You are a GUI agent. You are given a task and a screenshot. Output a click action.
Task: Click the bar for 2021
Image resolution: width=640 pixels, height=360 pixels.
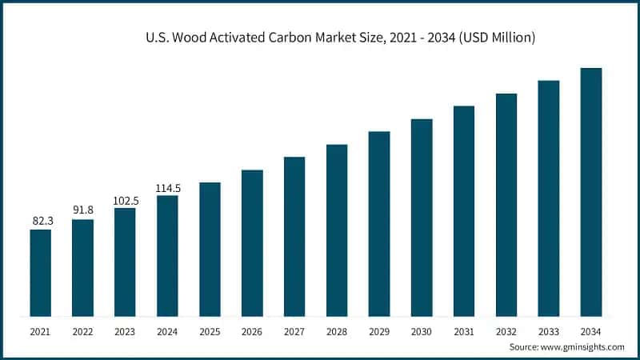tap(41, 272)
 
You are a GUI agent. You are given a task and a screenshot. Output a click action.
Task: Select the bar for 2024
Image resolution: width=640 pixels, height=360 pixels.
tap(167, 255)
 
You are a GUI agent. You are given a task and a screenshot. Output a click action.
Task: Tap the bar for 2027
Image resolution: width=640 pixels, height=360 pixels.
tap(294, 236)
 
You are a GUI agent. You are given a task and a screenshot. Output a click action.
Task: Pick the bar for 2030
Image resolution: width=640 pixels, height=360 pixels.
tap(422, 217)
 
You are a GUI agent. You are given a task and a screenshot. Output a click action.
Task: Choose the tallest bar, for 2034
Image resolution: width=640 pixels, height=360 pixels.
tap(591, 191)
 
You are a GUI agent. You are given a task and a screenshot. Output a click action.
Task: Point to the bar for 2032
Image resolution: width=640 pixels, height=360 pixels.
tap(506, 204)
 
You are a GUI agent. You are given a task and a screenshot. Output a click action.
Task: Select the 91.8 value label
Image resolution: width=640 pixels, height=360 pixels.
tap(83, 210)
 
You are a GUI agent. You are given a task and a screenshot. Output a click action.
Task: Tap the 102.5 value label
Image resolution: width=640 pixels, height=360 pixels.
tap(126, 200)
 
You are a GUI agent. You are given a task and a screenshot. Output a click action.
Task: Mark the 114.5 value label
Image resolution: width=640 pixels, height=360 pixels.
tap(168, 188)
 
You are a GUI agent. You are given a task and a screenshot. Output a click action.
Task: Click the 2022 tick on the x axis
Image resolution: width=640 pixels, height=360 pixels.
tap(83, 330)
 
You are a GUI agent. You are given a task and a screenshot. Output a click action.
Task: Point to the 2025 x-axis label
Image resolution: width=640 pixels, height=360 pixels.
tap(210, 330)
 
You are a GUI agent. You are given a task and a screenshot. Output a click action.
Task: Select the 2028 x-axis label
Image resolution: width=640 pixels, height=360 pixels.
tap(337, 330)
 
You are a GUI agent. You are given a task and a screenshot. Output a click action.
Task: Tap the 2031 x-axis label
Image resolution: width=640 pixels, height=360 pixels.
tap(464, 330)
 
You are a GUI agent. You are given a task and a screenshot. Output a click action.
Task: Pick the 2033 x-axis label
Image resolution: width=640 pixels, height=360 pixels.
tap(549, 330)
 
